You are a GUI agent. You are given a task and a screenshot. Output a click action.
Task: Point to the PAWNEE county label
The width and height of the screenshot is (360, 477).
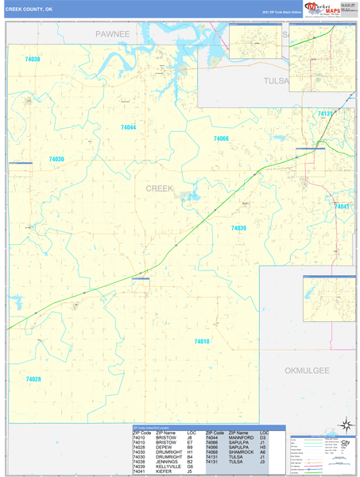112,34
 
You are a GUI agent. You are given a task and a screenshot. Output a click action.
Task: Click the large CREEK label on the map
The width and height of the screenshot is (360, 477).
159,188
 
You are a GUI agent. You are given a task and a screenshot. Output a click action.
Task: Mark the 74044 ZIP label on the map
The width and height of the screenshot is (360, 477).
129,127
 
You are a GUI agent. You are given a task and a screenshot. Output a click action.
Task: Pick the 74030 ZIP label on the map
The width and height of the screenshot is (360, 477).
56,159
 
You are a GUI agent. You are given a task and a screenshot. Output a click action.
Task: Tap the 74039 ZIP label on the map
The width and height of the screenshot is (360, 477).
238,228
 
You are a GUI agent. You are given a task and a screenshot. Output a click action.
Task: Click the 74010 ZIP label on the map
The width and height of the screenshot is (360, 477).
202,341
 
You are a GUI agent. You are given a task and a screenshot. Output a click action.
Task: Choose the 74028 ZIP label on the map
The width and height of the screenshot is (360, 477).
33,379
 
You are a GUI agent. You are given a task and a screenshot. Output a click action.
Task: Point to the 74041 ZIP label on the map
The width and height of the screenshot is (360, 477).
342,207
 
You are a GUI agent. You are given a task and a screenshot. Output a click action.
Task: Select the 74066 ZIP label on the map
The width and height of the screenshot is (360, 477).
221,138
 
